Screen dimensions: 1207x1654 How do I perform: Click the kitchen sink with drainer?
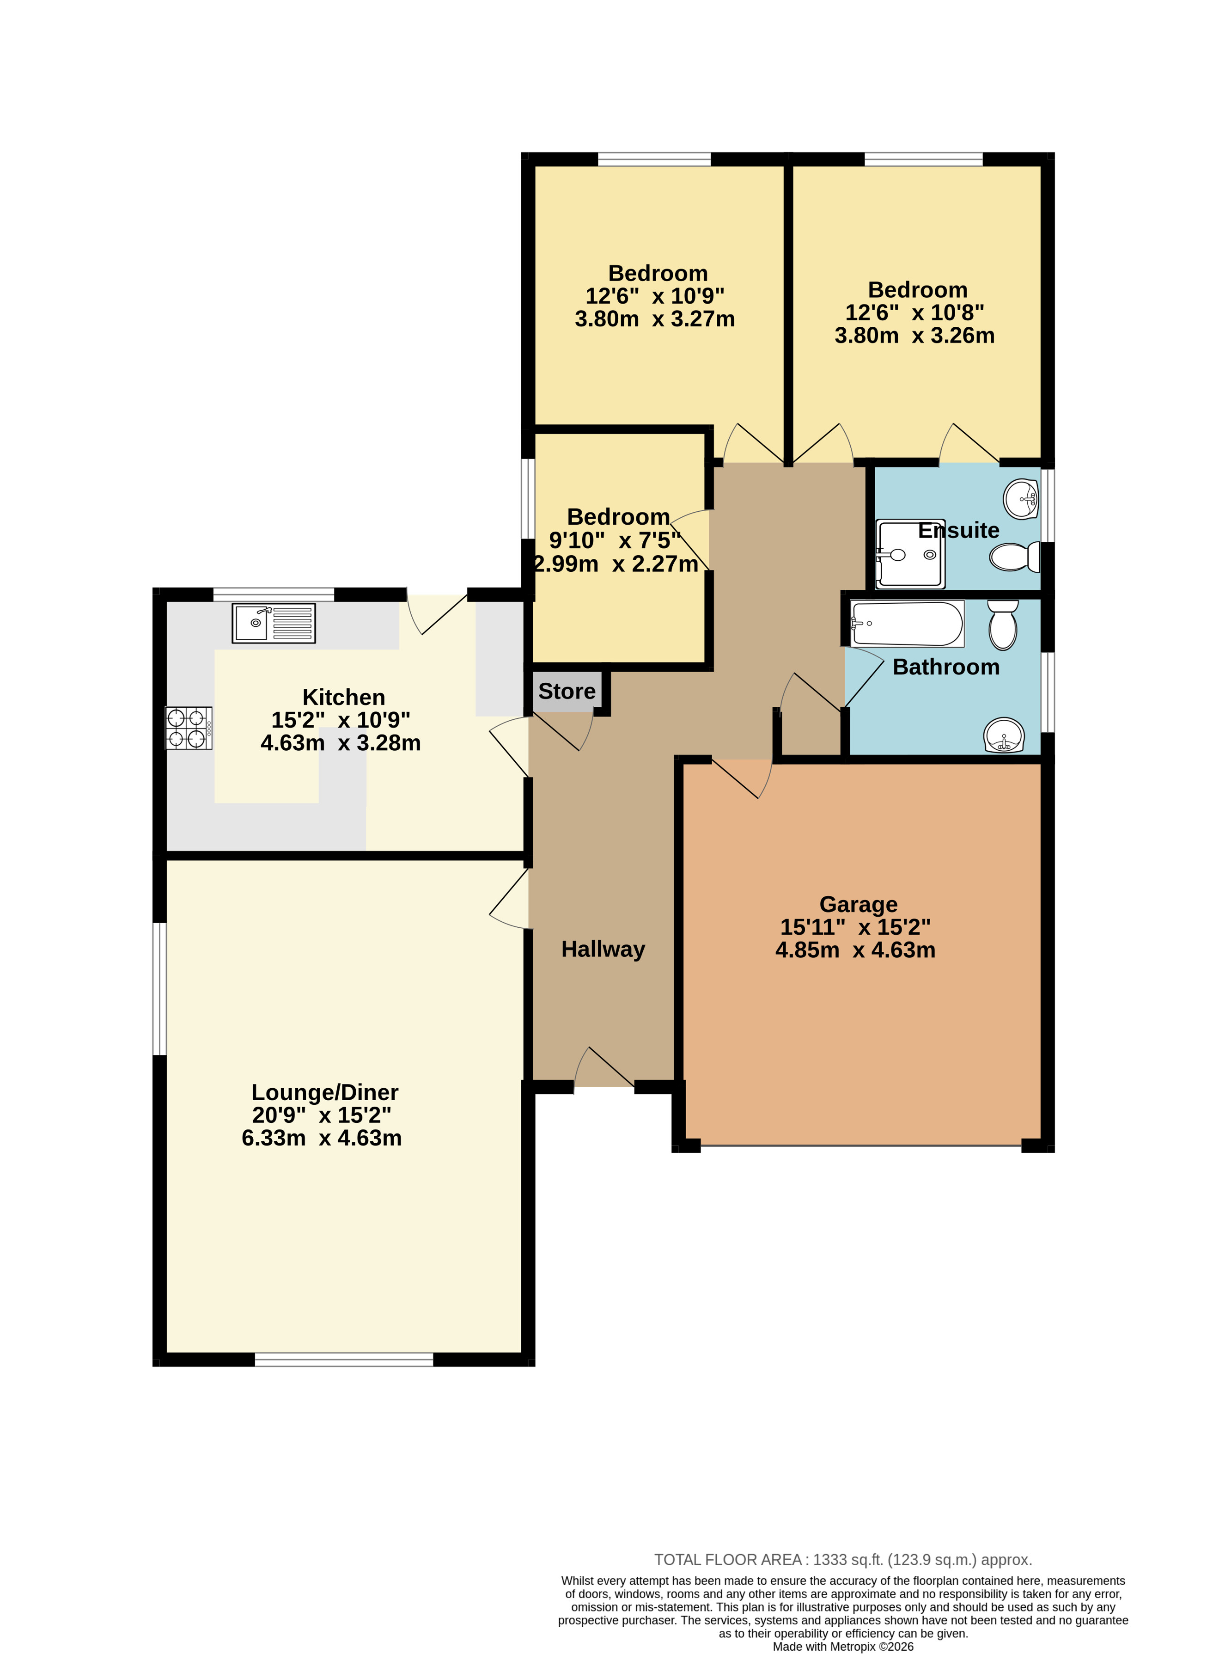[273, 623]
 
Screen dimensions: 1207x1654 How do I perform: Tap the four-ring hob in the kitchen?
[189, 728]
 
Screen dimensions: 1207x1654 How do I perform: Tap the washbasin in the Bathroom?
[1004, 735]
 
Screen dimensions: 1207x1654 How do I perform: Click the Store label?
[567, 691]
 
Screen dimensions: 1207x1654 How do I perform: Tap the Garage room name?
[859, 904]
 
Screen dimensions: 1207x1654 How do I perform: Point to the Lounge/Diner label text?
[324, 1092]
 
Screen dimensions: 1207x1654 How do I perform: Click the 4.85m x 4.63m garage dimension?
[855, 950]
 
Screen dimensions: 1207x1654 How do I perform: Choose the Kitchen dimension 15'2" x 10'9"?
[341, 720]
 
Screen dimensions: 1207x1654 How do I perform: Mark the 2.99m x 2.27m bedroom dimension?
[616, 564]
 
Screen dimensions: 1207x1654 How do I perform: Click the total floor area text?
[843, 1560]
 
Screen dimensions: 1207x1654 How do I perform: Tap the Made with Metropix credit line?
[843, 1647]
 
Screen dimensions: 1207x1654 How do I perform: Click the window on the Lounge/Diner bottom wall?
[344, 1360]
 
